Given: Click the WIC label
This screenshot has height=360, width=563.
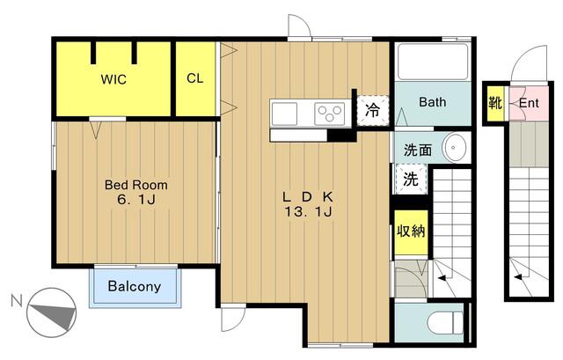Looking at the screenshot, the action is pos(113,79).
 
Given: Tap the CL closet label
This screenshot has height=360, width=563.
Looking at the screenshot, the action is pos(195,78).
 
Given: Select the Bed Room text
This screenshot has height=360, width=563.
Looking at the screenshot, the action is pos(136,185).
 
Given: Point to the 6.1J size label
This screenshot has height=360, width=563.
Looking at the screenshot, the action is pos(136,200).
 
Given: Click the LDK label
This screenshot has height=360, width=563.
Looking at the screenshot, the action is pos(308,197).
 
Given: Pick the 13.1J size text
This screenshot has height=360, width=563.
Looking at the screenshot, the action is pos(308,212).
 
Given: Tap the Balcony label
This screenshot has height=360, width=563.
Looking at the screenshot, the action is pos(135,286).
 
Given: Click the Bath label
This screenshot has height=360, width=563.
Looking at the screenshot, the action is pos(433,102).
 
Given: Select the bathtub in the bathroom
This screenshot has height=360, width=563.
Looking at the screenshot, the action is pos(433,62).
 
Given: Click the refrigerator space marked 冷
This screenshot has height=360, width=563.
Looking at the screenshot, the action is pos(373,110).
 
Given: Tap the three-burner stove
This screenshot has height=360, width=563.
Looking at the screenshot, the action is pos(330,114).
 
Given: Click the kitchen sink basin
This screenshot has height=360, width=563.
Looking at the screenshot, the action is pos(284,114).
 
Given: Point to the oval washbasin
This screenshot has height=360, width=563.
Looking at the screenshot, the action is pos(454,148).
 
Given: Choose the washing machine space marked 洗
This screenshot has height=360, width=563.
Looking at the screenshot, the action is pos(411,179).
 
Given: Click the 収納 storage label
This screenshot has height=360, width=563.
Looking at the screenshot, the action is pos(411,231).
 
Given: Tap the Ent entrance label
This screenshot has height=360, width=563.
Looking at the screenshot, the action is pos(529,104).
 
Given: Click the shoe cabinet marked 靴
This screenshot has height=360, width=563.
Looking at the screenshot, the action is pos(495,104).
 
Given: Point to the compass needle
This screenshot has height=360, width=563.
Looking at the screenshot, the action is pos(53,314).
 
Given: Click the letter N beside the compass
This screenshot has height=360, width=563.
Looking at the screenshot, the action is pos(17,301).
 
